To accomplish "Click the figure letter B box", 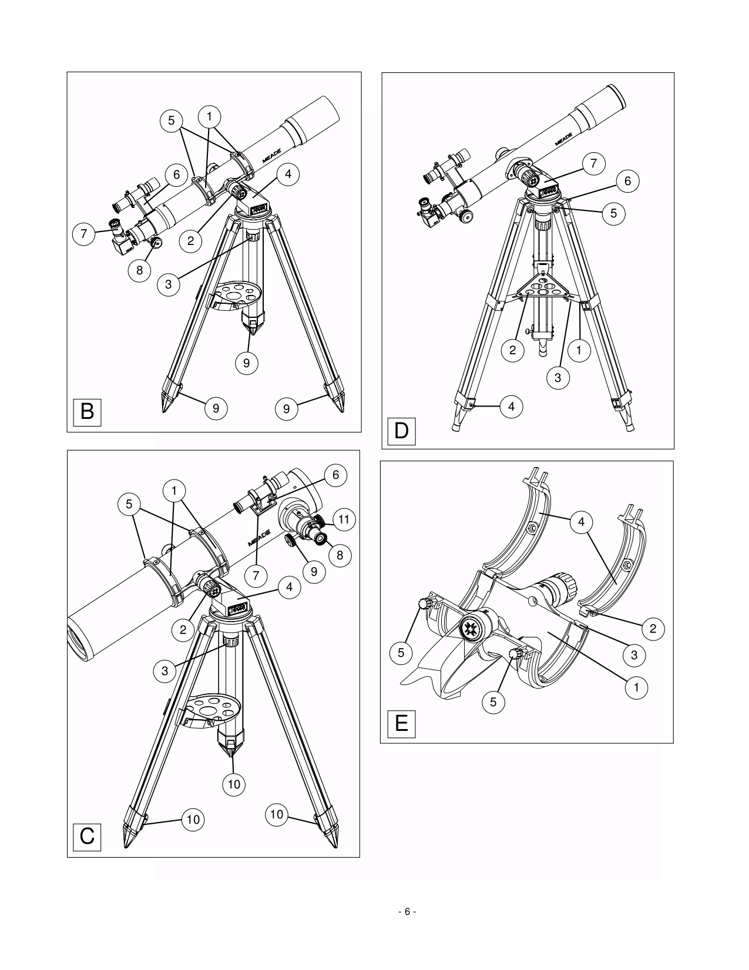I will click(87, 412).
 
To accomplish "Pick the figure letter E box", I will click(401, 723).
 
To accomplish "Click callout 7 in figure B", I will click(84, 234).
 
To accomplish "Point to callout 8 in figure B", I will click(140, 270).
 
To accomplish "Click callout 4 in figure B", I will click(288, 174).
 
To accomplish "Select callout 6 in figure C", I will click(335, 475).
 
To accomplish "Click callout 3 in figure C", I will click(165, 670).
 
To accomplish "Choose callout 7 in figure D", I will click(594, 164).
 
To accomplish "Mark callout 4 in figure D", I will click(512, 406).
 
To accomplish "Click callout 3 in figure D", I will click(557, 378).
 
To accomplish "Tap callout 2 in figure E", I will click(653, 629).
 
